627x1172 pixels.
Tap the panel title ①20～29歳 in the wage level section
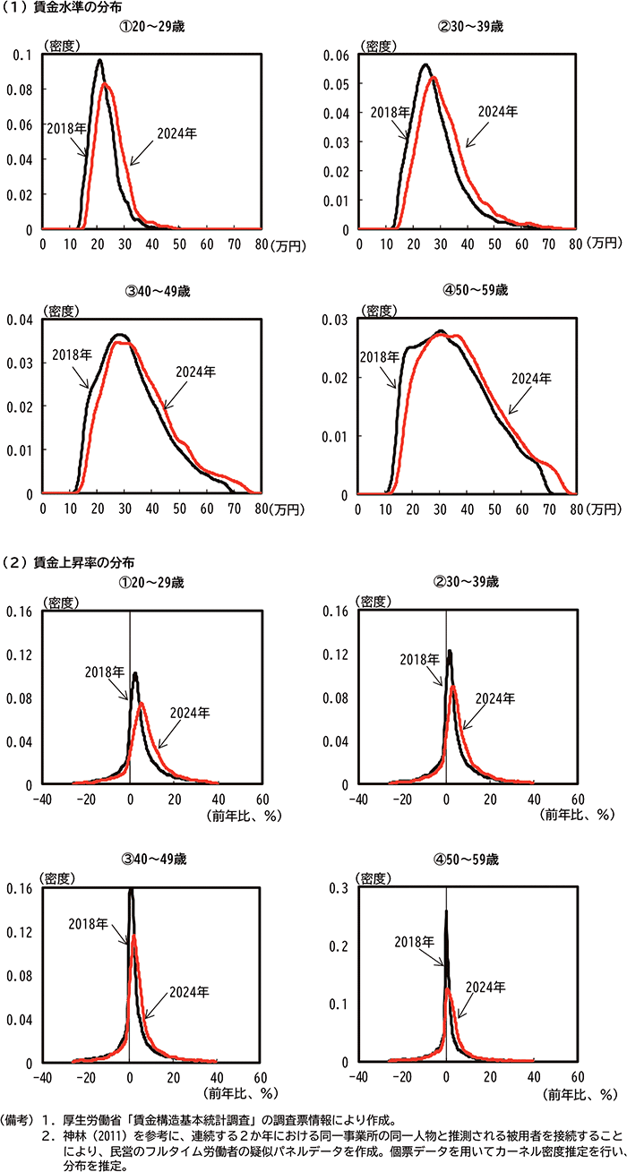pos(150,27)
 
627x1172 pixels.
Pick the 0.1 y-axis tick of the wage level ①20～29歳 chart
pos(23,54)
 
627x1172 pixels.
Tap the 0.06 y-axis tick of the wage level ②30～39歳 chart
pos(339,54)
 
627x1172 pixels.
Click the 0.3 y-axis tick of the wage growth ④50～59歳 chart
pos(342,888)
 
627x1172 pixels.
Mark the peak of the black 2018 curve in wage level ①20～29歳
pos(99,61)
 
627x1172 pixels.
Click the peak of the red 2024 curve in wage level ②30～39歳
pos(434,78)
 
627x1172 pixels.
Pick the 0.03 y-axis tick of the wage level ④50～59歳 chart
pos(339,320)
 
